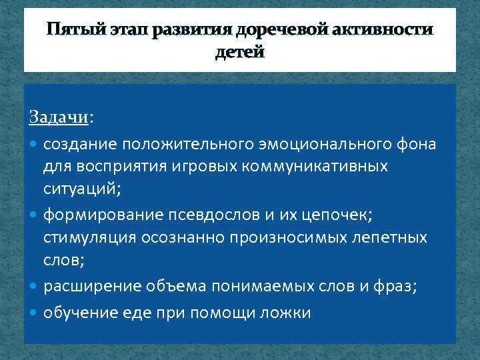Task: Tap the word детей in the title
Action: [x=240, y=51]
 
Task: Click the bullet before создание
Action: [x=35, y=144]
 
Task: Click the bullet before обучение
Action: [x=35, y=311]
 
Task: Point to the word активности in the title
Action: [x=391, y=30]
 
